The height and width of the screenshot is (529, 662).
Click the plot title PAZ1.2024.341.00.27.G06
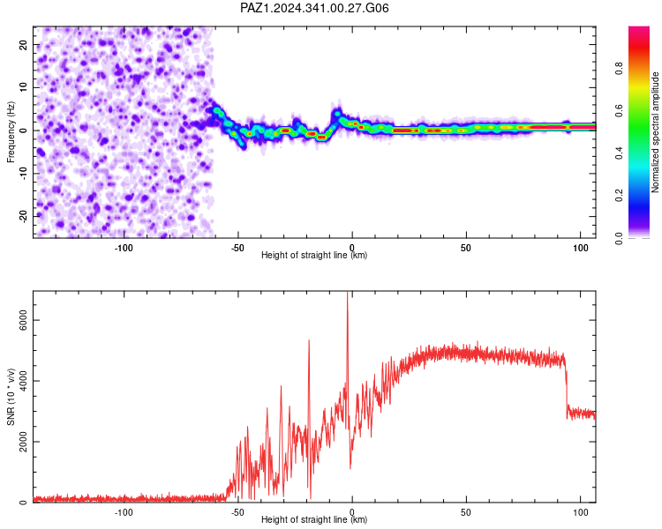click(x=314, y=8)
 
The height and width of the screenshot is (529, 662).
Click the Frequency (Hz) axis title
click(x=11, y=132)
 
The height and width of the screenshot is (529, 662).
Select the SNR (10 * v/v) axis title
click(x=11, y=397)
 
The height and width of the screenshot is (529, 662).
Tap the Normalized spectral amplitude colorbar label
click(x=655, y=132)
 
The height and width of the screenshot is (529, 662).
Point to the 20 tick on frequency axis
click(x=23, y=44)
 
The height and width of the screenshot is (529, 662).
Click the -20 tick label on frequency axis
click(x=23, y=216)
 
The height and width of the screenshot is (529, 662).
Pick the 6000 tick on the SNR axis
click(x=23, y=320)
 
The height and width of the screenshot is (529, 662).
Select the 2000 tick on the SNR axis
click(x=23, y=442)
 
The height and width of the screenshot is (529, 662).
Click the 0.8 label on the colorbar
click(x=619, y=68)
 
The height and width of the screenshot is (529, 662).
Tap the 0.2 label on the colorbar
click(x=619, y=196)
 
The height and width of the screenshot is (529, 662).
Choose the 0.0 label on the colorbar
click(x=619, y=238)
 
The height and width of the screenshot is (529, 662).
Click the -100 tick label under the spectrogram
click(x=124, y=248)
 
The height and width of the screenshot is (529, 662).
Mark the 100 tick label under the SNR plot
click(x=581, y=512)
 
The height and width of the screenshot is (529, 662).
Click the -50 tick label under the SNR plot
click(x=237, y=512)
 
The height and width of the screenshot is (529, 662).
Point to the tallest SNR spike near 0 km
click(x=348, y=292)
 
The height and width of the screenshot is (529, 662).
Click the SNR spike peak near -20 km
click(x=309, y=340)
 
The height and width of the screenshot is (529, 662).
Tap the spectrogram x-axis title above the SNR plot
click(x=314, y=255)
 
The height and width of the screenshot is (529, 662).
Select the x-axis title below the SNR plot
click(x=314, y=519)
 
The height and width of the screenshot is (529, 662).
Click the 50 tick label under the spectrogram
click(x=466, y=248)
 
